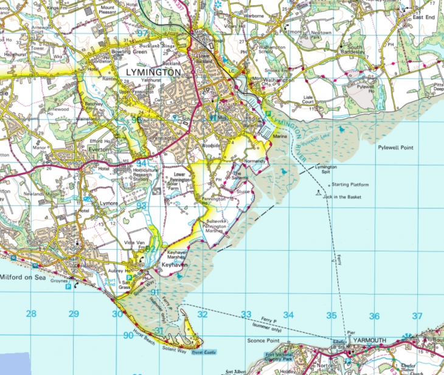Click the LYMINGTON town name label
(x=153, y=72)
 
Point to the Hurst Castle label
(x=203, y=351)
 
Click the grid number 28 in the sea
(x=31, y=314)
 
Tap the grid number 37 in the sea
(x=417, y=316)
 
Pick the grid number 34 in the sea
(x=288, y=315)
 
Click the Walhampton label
(x=280, y=80)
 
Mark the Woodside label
(x=210, y=145)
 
